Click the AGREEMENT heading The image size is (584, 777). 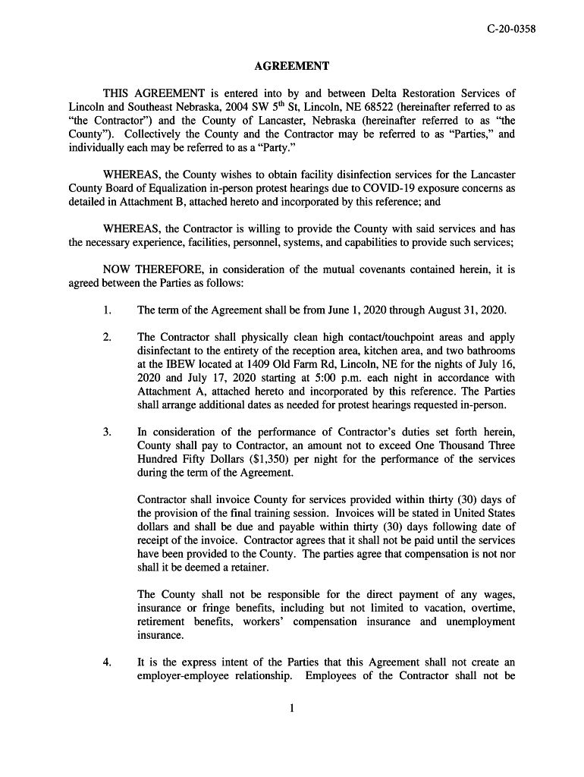pos(292,67)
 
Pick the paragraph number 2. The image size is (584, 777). pos(107,337)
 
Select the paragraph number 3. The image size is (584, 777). pos(107,432)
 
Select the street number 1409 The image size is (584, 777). pos(259,364)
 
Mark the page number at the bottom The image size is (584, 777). pos(292,709)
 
